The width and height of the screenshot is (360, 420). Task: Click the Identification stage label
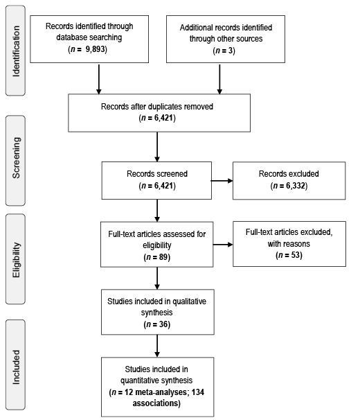16,51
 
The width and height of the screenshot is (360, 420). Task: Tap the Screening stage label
16,158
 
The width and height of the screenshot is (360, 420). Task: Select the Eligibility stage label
16,259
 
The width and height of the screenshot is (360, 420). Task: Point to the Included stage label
16,367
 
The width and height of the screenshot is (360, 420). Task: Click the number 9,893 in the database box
95,49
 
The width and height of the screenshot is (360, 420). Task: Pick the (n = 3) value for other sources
224,51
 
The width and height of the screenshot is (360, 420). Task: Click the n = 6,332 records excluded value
289,186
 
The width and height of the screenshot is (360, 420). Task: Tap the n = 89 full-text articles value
157,257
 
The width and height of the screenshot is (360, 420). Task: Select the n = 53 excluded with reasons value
289,255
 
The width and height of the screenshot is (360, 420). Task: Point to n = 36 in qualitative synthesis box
157,324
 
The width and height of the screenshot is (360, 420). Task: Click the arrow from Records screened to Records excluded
222,181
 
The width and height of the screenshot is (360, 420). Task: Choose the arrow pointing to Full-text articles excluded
223,244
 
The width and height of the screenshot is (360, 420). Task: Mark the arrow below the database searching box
99,79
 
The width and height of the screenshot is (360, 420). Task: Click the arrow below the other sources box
219,79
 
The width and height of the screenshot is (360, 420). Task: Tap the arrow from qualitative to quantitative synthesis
157,346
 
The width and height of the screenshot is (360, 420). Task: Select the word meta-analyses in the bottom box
161,392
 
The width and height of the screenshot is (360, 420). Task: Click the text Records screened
157,174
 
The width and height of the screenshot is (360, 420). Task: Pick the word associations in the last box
155,403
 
